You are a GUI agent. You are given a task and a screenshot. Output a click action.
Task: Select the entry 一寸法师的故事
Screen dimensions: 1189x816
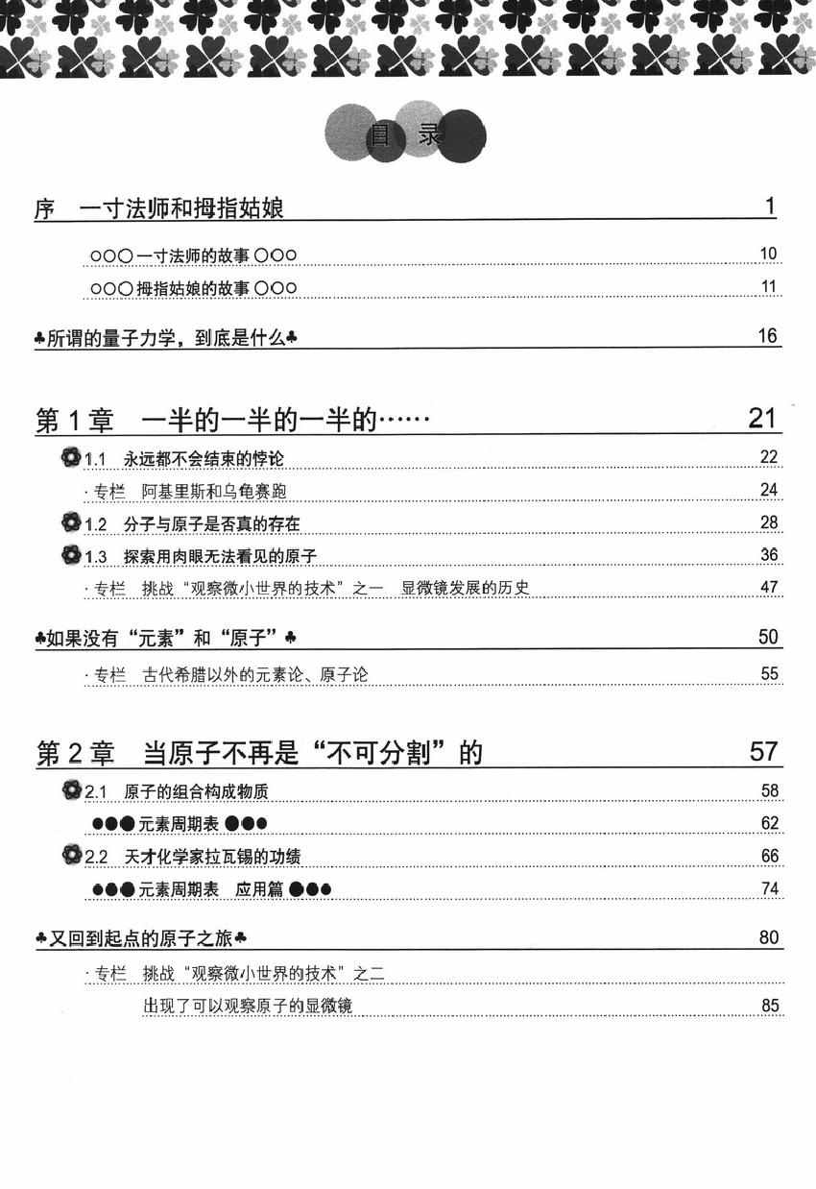tap(192, 255)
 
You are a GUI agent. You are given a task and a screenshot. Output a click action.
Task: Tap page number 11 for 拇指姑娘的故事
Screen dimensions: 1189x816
tap(767, 287)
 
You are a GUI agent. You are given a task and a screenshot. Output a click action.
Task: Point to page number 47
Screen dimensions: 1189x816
tap(768, 588)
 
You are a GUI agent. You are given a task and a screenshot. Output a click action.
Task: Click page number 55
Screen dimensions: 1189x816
tap(768, 673)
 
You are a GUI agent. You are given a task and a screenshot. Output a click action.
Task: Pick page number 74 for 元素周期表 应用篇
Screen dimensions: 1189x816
tap(768, 888)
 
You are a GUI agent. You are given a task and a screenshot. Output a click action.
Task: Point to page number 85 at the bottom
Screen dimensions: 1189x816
tap(768, 1006)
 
